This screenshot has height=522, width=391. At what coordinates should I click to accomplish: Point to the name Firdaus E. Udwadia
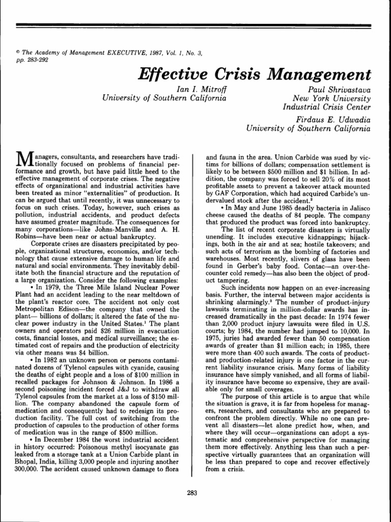(x=333, y=119)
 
